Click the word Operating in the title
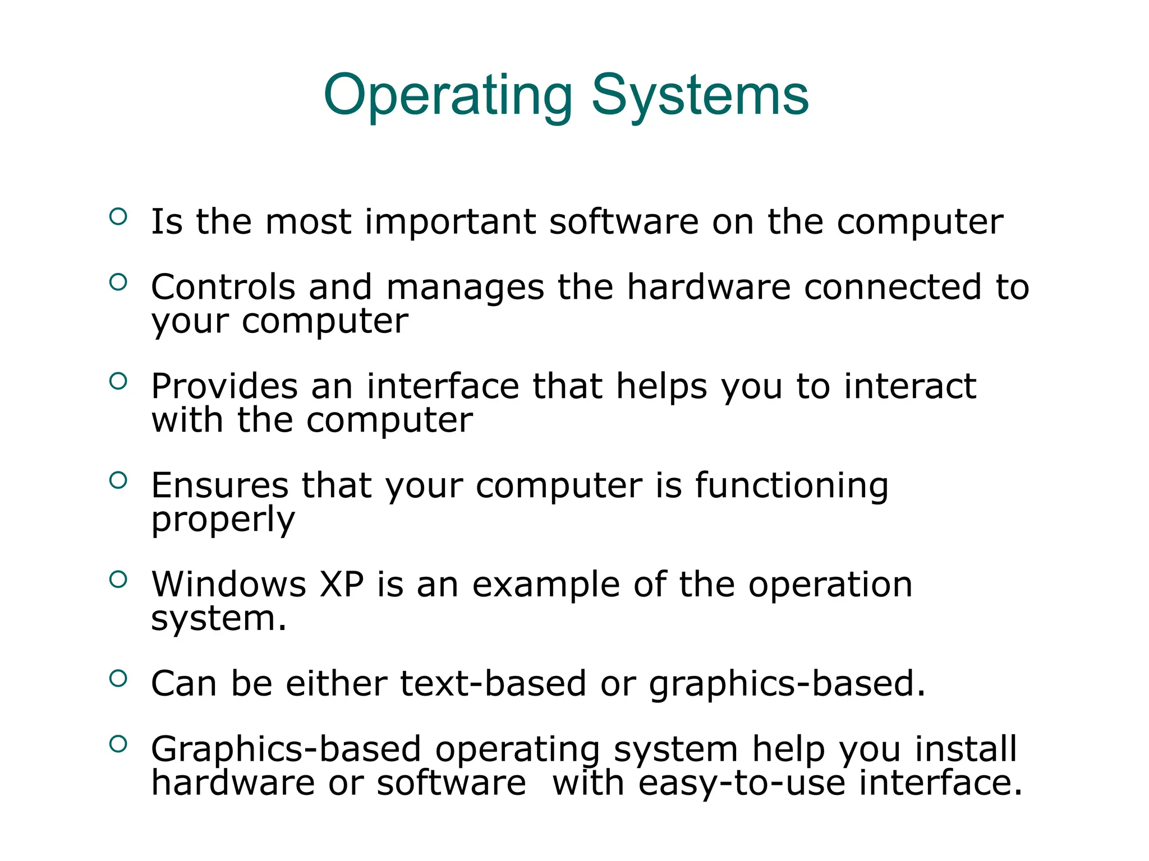click(448, 96)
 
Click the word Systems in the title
click(700, 96)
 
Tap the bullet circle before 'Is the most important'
click(118, 216)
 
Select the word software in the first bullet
click(623, 222)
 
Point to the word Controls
click(223, 287)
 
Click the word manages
click(465, 288)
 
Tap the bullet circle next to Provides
click(118, 381)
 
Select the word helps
click(661, 387)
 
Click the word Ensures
click(219, 485)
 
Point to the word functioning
click(792, 485)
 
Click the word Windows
click(229, 585)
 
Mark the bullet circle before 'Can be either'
click(118, 679)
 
